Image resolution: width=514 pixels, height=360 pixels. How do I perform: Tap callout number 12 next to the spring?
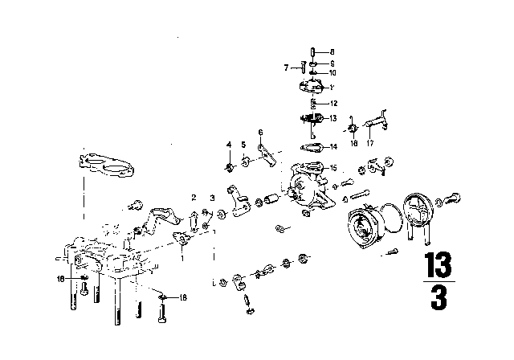coord(332,104)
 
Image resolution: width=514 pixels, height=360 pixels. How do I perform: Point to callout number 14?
coord(333,147)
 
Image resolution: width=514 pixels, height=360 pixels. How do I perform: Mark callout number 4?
coord(228,145)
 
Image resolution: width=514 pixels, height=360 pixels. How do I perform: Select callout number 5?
coord(244,145)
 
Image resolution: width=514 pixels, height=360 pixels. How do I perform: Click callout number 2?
coord(194,197)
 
